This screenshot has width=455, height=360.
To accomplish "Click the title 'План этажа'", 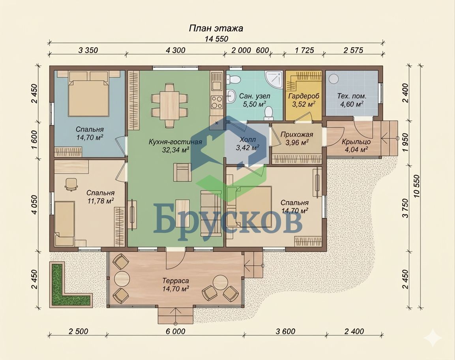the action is tap(216, 28).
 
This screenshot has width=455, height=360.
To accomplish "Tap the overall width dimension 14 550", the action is tap(217, 39).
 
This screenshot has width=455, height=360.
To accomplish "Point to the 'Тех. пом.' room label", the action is tap(351, 96).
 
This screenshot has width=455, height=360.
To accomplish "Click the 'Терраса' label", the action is tap(176, 281).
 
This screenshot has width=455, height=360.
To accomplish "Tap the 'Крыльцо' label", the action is tap(356, 142).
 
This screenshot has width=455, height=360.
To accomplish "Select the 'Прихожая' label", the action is tap(297, 135).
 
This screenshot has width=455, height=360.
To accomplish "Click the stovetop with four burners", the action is tap(216, 101).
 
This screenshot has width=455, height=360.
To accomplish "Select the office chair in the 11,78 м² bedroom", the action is tap(71, 184).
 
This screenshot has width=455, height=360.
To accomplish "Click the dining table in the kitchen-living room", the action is tap(169, 105).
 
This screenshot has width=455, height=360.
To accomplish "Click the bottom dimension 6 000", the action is tap(175, 331).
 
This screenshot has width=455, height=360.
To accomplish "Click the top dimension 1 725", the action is tap(304, 50).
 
